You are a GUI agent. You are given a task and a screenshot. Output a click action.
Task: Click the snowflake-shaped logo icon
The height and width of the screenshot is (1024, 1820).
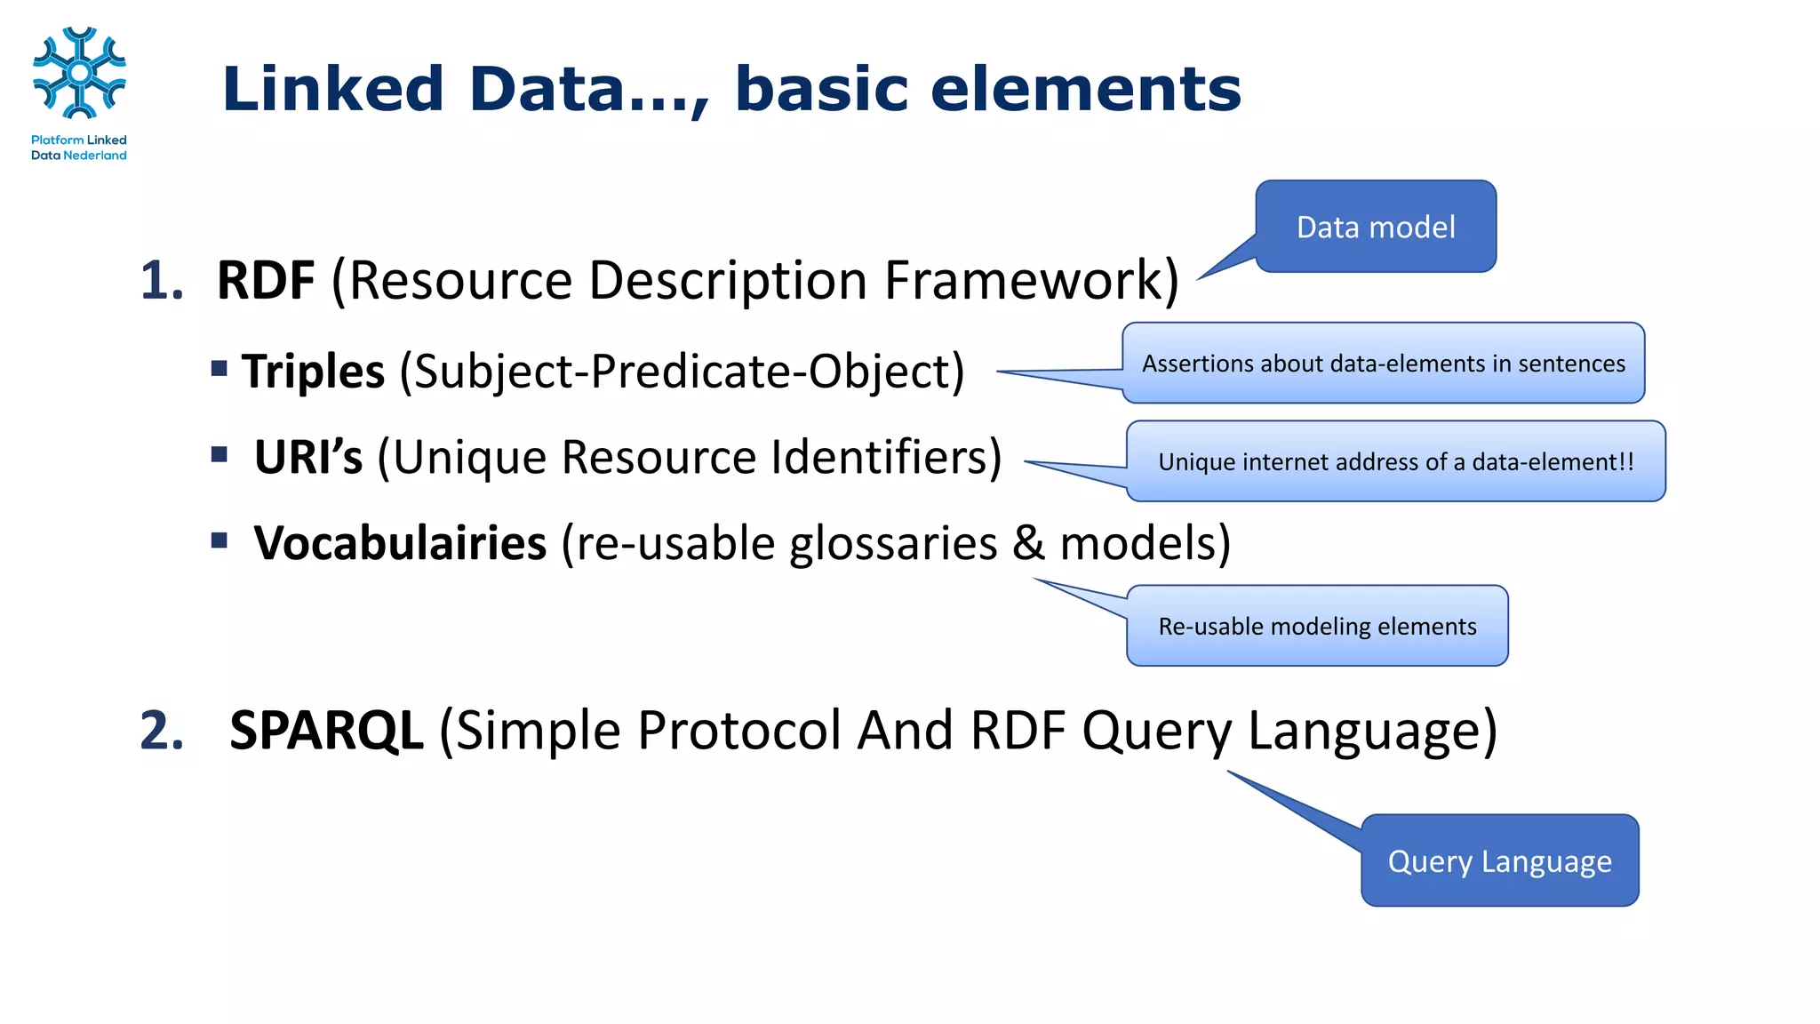pos(79,73)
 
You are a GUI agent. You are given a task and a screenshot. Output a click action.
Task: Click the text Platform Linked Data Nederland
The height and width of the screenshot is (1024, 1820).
pos(79,148)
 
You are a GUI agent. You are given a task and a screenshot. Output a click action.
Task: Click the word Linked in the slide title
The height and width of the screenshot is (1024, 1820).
pos(332,90)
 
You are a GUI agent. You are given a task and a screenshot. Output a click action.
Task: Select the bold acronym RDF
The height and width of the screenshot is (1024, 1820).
pos(265,281)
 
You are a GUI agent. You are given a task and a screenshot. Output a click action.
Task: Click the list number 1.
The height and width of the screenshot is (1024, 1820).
pos(162,281)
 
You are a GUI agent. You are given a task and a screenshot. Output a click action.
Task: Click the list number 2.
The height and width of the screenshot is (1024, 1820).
pos(162,731)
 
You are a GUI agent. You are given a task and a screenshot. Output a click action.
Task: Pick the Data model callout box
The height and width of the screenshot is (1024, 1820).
pos(1375,228)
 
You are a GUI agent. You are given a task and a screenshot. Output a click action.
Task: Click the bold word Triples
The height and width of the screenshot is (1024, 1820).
pos(313,372)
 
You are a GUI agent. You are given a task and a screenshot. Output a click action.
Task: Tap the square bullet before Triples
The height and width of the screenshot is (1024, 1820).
pos(220,368)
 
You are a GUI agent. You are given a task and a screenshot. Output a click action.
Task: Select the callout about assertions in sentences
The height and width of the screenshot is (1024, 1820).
pos(1383,364)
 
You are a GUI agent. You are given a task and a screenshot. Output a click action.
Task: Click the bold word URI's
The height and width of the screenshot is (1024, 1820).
pos(307,458)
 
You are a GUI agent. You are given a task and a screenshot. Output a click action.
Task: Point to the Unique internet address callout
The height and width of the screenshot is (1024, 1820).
pos(1395,462)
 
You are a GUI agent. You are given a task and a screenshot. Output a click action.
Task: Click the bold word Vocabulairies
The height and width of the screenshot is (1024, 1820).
pos(400,544)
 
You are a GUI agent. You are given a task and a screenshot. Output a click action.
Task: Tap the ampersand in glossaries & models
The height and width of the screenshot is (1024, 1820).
pos(1028,544)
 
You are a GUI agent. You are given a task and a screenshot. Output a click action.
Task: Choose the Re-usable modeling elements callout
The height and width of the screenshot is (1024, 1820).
pos(1317,627)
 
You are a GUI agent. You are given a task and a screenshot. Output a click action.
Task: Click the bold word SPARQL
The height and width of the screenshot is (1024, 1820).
pos(326,731)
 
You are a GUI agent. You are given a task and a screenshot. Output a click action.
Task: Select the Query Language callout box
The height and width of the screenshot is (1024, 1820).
pos(1499,861)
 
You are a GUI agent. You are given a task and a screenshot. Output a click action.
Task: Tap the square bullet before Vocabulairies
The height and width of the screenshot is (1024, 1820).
pos(220,540)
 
